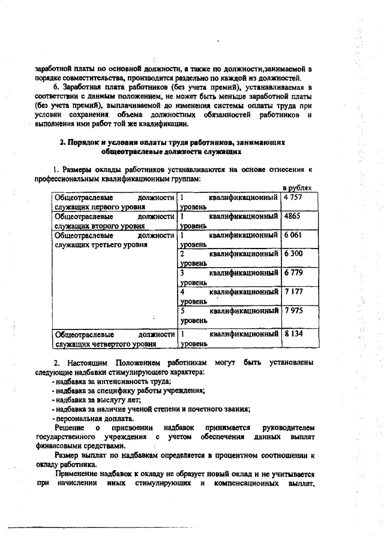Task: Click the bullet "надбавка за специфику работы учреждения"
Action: pyautogui.click(x=129, y=390)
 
